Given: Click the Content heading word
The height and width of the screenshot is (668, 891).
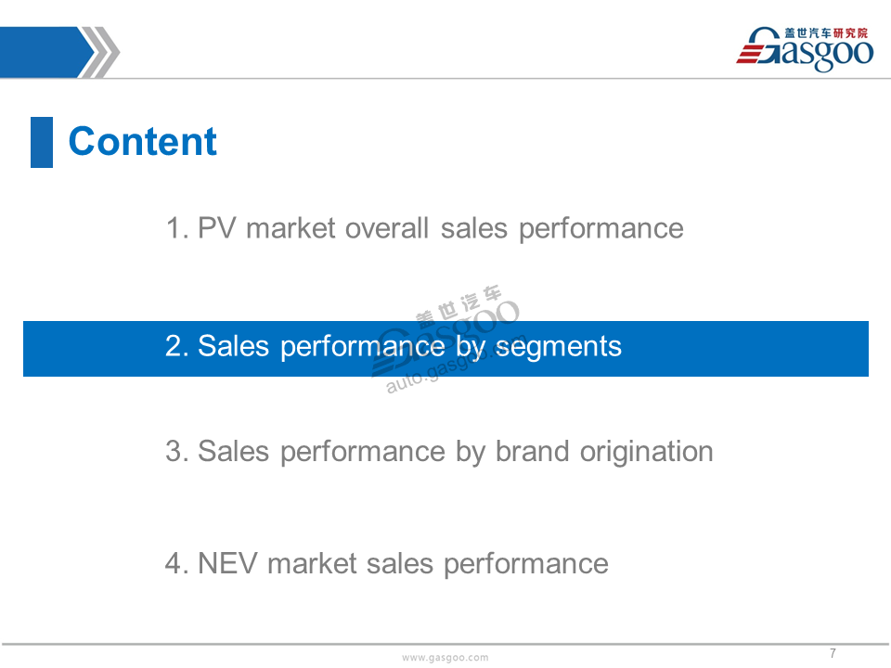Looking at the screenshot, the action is [142, 141].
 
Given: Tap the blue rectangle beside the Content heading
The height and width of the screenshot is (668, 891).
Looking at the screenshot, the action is [42, 142].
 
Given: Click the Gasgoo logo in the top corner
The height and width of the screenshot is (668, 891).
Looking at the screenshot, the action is [806, 49].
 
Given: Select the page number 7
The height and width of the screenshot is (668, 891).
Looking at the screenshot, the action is [833, 652].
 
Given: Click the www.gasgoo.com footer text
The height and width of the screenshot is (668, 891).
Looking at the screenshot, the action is [445, 657].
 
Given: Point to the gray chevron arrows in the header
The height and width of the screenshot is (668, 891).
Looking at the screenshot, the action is [99, 52].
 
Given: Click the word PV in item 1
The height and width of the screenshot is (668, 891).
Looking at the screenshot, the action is [216, 228].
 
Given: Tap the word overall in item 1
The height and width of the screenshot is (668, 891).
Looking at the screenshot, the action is [386, 228].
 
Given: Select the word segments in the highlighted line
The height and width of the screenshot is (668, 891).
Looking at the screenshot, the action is [559, 347].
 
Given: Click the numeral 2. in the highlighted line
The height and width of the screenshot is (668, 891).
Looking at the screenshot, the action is [177, 346].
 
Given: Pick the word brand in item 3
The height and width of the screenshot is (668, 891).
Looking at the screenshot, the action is [533, 452].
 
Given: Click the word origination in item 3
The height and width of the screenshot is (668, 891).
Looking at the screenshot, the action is [647, 453].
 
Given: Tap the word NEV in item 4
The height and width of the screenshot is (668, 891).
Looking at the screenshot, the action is [227, 563].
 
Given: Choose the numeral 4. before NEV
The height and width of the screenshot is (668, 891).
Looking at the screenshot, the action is [177, 563].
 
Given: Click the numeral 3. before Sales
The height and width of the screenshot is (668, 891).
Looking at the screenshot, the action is [177, 452].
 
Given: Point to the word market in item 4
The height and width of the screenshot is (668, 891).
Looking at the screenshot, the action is [312, 563].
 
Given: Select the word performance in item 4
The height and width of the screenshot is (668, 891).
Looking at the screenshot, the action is [526, 565].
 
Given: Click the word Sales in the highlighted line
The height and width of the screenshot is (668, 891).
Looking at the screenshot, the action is [234, 346].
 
